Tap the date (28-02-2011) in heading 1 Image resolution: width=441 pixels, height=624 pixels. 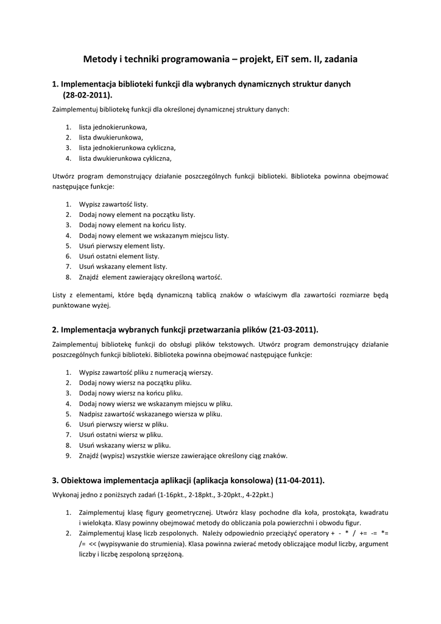88,95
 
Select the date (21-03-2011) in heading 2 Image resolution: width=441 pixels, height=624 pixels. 294,330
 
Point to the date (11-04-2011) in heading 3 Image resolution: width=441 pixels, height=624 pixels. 300,480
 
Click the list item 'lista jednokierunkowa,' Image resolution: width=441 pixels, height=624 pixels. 113,127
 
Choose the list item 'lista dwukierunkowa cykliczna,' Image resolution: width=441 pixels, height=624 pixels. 125,158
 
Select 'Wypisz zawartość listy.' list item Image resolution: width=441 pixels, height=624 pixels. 113,204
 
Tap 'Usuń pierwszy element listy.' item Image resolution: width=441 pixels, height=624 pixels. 122,246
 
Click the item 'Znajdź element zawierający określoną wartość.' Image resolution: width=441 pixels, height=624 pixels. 150,277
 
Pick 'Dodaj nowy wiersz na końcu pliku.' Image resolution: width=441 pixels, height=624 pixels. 131,393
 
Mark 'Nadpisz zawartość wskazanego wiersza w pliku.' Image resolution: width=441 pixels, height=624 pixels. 150,414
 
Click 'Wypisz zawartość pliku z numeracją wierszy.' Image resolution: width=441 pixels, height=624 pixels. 146,372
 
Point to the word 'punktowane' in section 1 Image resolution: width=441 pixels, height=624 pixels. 72,306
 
